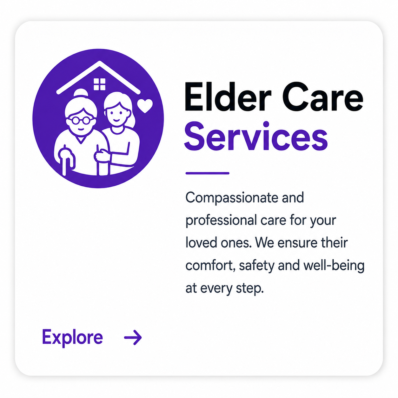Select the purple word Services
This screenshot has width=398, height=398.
point(256,136)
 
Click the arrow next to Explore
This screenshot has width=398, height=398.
point(133,337)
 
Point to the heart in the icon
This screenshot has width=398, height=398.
point(145,106)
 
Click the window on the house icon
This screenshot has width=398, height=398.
point(100,84)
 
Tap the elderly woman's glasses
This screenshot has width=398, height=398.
point(81,120)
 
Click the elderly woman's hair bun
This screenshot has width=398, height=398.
point(81,92)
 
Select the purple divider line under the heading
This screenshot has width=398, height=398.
point(207,173)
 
